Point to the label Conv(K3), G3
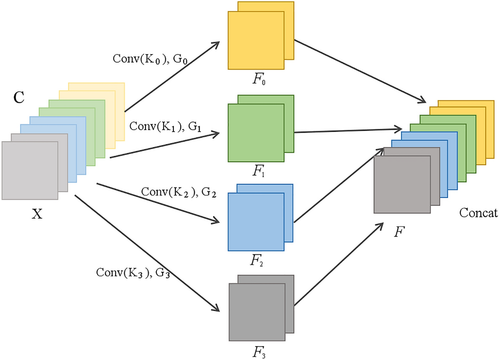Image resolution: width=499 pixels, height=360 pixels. (133, 272)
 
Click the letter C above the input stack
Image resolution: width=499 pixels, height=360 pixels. (19, 97)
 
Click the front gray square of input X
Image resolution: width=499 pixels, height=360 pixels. (30, 170)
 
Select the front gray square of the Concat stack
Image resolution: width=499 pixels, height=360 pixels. (401, 184)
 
